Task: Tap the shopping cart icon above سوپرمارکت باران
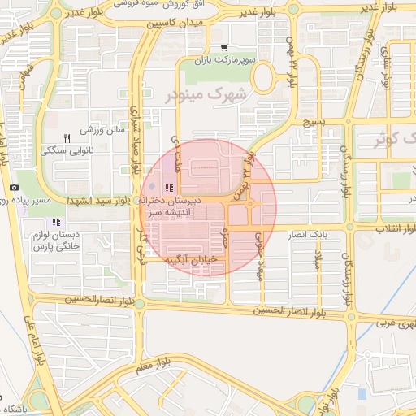(x=224, y=48)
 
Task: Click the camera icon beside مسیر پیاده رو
(x=14, y=188)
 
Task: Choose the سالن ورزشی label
(x=102, y=129)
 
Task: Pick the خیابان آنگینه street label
(x=193, y=260)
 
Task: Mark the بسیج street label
(x=314, y=122)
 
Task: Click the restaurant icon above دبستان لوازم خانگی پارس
(x=55, y=222)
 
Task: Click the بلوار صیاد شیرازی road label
(x=136, y=143)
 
